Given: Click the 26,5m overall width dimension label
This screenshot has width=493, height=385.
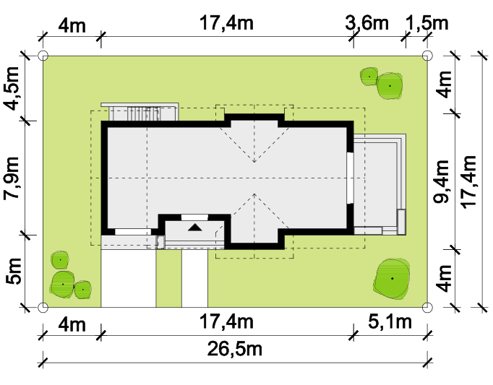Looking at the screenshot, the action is [234, 349].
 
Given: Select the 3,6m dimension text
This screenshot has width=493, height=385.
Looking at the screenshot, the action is [366, 23].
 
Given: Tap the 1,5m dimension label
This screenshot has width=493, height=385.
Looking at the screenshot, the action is [427, 23].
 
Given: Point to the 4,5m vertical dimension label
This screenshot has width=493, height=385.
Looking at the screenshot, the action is [12, 89].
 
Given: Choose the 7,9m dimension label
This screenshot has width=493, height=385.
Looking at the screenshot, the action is [12, 178].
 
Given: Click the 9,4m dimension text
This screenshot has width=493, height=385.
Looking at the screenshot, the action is [442, 181].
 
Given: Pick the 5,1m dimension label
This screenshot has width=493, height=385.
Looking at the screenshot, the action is [390, 322].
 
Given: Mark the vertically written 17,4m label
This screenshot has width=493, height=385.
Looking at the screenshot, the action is [469, 181].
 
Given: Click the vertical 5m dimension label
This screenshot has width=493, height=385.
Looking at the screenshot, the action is [14, 271].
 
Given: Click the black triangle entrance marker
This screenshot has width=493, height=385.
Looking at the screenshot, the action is [195, 227].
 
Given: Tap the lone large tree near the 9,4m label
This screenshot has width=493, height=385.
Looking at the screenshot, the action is [392, 279].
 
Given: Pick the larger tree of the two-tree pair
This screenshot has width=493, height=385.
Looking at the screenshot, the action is [390, 86].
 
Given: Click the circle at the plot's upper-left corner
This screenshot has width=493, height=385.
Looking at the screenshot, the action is [43, 56].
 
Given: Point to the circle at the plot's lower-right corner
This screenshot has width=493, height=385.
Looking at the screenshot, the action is [427, 308].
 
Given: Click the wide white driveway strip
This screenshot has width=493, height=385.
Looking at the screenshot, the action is [128, 278].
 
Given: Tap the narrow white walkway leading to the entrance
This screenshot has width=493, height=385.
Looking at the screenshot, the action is [194, 278].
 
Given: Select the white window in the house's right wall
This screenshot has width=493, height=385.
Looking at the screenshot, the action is [350, 178].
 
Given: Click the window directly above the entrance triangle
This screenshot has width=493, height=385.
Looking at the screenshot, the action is [194, 217].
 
